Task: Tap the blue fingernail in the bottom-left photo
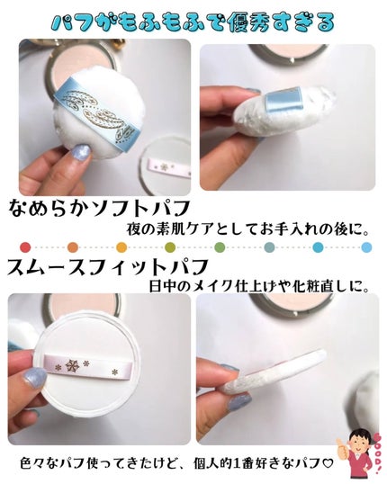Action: [34, 378]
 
